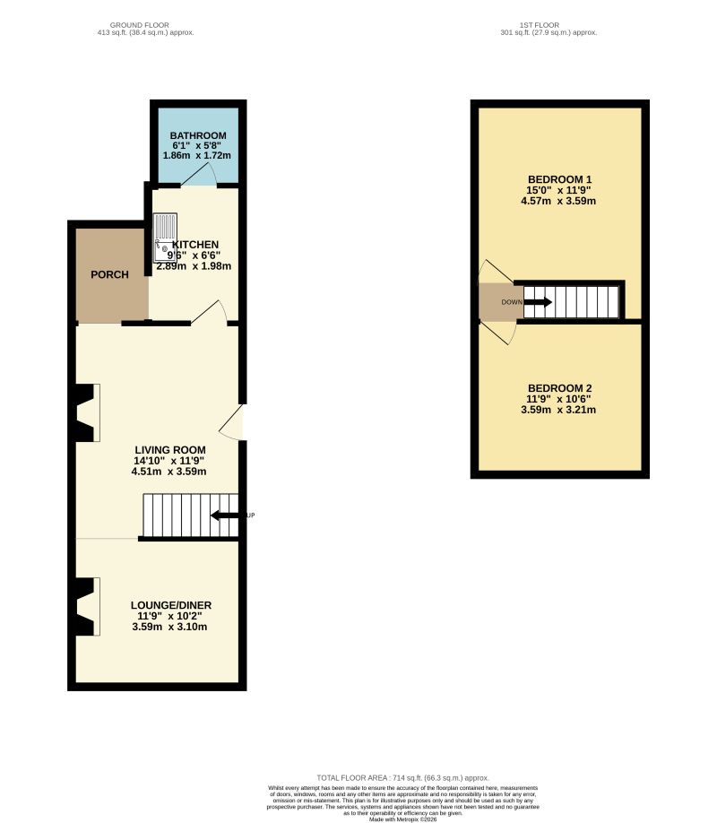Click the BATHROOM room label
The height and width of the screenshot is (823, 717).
pos(198,135)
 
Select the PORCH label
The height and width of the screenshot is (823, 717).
pos(110,274)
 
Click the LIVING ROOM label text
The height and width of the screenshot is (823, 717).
pos(170,450)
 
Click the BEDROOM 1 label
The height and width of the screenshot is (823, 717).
pos(558,179)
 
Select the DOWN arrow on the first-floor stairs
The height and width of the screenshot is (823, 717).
pos(538,302)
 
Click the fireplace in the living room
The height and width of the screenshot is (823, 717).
pos(86,412)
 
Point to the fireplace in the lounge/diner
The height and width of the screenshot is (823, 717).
pos(86,607)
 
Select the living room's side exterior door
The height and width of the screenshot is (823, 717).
pos(231,424)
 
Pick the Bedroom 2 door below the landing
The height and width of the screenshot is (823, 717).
pos(499,332)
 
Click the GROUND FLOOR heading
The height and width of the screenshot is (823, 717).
pos(145,24)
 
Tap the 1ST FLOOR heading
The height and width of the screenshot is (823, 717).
pos(549,24)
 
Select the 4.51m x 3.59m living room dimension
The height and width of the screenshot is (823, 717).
pos(169,472)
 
